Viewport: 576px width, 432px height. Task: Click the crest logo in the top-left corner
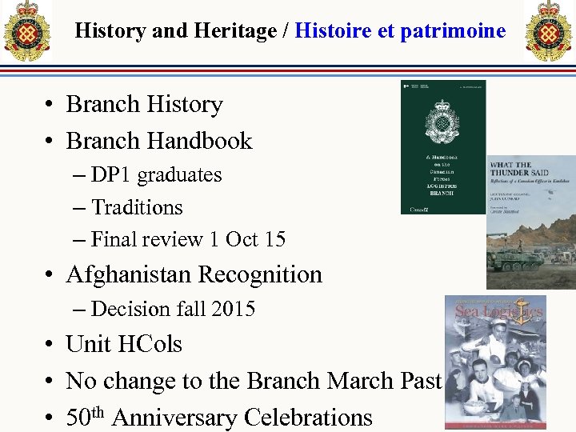(x=26, y=31)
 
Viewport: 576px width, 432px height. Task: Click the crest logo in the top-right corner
(x=549, y=31)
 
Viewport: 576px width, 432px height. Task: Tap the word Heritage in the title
(x=232, y=31)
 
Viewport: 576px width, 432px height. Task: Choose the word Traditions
(x=137, y=207)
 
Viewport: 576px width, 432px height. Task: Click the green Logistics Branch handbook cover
(x=442, y=147)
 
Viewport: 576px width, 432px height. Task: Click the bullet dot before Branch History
(x=50, y=105)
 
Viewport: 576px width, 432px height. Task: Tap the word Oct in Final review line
(x=242, y=239)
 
